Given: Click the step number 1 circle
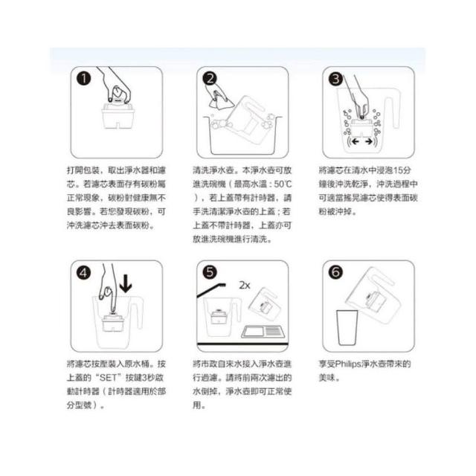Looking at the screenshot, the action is coord(84,79).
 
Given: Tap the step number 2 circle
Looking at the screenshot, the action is coord(210,79).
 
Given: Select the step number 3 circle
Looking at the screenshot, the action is coord(335,79).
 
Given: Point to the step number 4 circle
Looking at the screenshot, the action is coord(84,273).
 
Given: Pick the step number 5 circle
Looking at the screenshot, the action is coord(210,272).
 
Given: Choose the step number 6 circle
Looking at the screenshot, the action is coord(335,272).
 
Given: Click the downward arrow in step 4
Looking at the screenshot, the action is coord(126,283).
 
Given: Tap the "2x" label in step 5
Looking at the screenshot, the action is coord(245,285).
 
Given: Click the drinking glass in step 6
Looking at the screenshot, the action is coord(347,327).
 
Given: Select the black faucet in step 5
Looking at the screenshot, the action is coord(211,289).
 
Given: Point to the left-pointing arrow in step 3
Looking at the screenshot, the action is coord(355,141).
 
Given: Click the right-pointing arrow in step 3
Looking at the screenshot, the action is coord(369,141).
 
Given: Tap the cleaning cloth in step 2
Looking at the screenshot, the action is coord(221,99).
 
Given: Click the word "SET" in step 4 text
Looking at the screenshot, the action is coord(108,378).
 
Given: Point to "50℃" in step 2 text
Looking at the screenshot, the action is coord(283,184).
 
